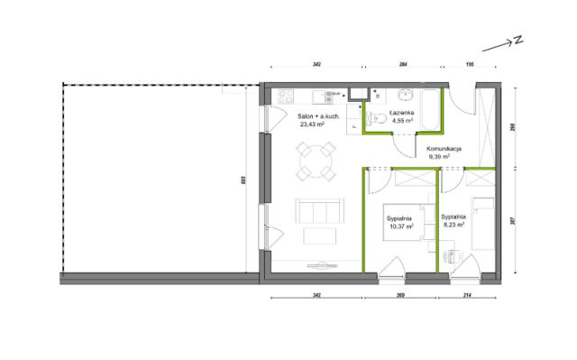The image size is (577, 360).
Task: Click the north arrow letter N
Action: [518, 40]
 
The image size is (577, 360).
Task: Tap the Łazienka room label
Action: [403, 113]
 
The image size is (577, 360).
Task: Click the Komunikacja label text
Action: [444, 149]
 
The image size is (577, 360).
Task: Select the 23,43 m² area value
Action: [312, 125]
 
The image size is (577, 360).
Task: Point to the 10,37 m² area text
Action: [401, 226]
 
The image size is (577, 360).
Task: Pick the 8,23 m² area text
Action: [453, 224]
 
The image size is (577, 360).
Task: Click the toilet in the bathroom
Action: [378, 118]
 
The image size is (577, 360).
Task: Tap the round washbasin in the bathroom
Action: [406, 95]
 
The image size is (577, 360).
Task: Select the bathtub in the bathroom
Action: [430, 109]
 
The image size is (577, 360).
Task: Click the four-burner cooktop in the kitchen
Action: [286, 97]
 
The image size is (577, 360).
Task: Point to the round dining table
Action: [316, 162]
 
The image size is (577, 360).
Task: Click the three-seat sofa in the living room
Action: [320, 211]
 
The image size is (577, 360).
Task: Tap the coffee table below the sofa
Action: [319, 236]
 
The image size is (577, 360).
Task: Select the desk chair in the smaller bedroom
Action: [451, 256]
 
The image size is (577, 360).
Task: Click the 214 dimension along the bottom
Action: [467, 295]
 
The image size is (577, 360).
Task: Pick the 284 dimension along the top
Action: [403, 64]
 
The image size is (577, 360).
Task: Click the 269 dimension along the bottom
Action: [401, 295]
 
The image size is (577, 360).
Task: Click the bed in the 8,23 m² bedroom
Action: [483, 224]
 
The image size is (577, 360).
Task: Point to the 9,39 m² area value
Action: [439, 156]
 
